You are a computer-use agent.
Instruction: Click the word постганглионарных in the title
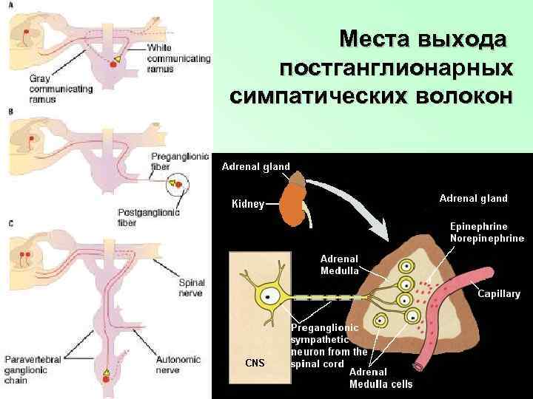(397, 68)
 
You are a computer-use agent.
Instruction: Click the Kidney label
(248, 204)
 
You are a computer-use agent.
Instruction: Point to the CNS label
(254, 362)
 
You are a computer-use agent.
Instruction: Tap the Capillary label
(498, 293)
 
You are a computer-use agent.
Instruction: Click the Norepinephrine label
(487, 238)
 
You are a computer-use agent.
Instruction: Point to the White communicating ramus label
(168, 58)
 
